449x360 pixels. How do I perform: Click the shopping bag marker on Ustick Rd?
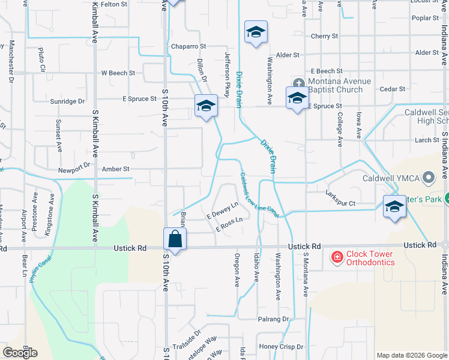coord(175,238)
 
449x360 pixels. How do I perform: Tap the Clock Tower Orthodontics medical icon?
coord(337,258)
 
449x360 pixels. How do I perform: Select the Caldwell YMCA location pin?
coord(428,178)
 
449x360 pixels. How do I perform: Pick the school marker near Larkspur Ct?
coord(394,206)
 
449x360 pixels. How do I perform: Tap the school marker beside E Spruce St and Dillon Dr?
coord(205,106)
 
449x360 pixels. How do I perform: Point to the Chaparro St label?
coord(188,46)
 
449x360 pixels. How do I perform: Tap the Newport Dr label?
coord(74,170)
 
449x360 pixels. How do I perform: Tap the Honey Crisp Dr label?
coord(280,347)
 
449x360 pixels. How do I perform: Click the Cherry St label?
coord(324,36)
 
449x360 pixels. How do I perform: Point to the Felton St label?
coord(114,4)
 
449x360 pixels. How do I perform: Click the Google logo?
coord(20,353)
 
